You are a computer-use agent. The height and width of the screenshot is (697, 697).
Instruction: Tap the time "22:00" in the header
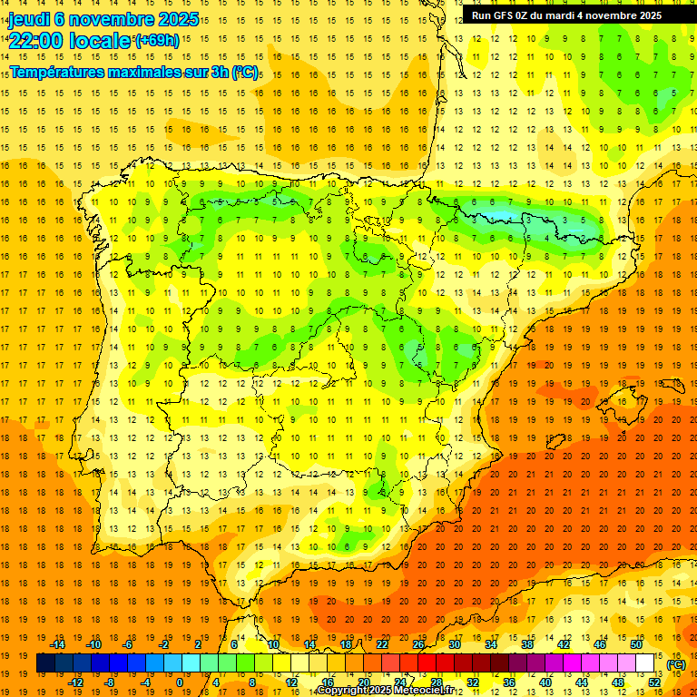[x=37, y=41]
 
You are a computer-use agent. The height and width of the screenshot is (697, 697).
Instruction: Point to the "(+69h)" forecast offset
[x=157, y=41]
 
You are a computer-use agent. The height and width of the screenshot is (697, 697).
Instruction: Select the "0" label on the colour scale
[x=179, y=682]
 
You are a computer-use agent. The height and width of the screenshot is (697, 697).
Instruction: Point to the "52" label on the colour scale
[x=654, y=682]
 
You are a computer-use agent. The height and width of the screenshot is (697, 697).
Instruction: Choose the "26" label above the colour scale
[x=418, y=644]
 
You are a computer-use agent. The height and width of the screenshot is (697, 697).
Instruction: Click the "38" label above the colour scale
[x=527, y=644]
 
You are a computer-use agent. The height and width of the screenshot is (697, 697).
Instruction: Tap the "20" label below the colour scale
[x=363, y=682]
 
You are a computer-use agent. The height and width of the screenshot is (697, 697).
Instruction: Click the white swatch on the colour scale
[x=645, y=663]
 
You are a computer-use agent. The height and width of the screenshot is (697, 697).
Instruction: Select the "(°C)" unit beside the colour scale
[x=675, y=664]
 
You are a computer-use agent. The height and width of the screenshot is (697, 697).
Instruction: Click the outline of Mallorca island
[x=621, y=397]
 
